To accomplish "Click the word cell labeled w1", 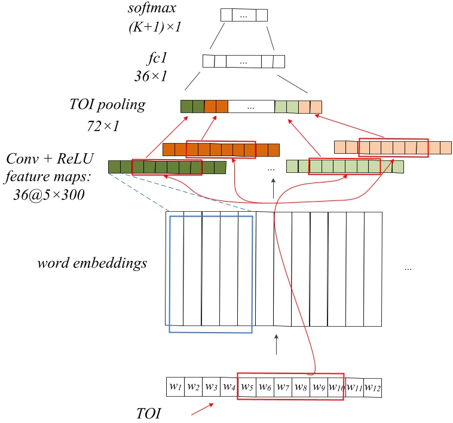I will click(x=175, y=387).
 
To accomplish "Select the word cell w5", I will click(x=247, y=387).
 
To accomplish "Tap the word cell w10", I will click(x=335, y=387).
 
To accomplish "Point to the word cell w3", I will click(x=211, y=387).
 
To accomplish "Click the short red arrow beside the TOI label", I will click(x=201, y=410).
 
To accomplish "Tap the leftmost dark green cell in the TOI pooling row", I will click(x=186, y=106).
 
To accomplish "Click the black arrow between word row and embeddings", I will click(x=276, y=345).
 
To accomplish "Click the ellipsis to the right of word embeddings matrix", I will click(x=408, y=269).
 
